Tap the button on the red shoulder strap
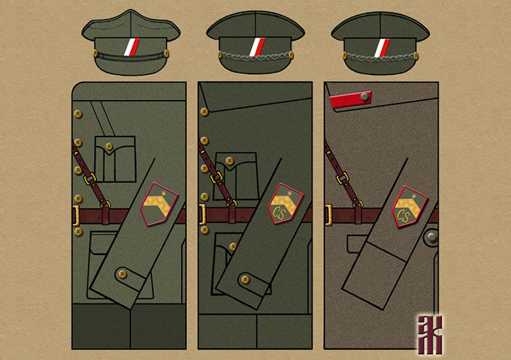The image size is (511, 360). point(365,97)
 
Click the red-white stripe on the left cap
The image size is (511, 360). point(131,48)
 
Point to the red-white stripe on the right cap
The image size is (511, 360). point(380,48)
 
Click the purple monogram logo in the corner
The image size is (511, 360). point(430,332)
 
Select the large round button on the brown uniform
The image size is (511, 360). point(431,238)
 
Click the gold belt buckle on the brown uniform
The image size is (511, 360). point(328,215)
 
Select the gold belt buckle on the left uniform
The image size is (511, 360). point(76,215)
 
